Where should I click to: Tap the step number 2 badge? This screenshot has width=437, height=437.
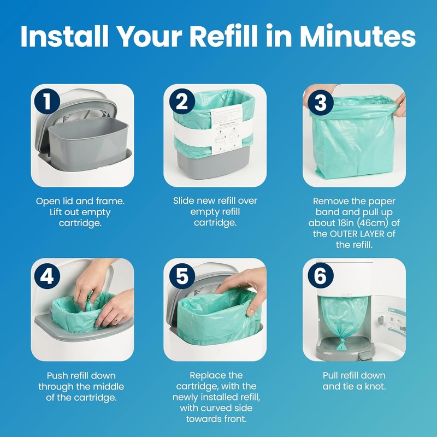pos(181,102)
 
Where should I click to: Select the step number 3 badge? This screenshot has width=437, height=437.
pos(321,102)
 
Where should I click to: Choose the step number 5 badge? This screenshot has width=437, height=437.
pos(181,276)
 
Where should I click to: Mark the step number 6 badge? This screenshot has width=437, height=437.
pos(321,276)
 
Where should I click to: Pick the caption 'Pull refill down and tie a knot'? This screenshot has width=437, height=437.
pos(354,381)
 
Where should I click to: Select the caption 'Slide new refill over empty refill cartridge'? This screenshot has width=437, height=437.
pos(216,211)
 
